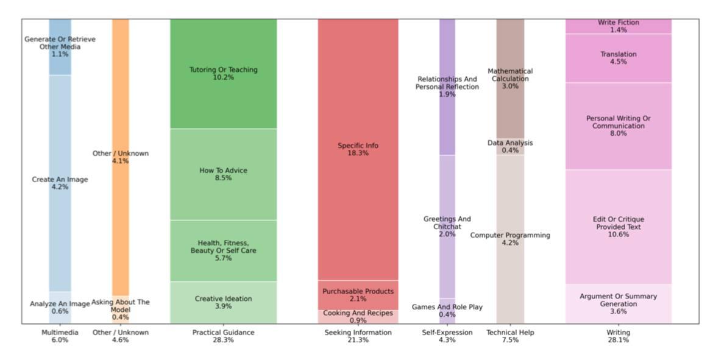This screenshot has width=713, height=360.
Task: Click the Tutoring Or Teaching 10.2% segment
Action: [x=223, y=73]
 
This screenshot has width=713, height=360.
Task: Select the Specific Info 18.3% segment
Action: [x=358, y=149]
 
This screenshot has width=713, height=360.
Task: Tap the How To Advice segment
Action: [x=223, y=174]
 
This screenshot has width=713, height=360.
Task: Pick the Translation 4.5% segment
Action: [x=618, y=58]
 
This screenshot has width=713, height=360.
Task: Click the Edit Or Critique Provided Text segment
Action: [x=618, y=227]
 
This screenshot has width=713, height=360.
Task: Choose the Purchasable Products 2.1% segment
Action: [x=358, y=295]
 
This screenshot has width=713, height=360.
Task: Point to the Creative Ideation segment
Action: [x=223, y=302]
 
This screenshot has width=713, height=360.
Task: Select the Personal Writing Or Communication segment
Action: [x=618, y=125]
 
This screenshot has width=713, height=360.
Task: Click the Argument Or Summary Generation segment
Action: [x=618, y=303]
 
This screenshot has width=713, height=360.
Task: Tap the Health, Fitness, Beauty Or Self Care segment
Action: [x=223, y=250]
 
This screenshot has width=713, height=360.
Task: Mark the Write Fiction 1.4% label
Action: [x=618, y=26]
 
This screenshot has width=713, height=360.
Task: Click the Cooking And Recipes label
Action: [x=358, y=317]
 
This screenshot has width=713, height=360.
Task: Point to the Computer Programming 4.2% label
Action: [x=510, y=239]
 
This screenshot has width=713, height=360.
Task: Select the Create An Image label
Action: [x=60, y=183]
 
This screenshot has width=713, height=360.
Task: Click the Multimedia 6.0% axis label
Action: [x=60, y=336]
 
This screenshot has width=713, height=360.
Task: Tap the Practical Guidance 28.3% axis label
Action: [x=223, y=336]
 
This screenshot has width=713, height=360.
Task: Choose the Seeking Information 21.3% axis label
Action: [x=358, y=336]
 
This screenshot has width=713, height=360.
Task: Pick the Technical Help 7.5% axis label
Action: [x=510, y=336]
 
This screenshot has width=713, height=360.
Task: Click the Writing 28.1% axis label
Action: [x=618, y=336]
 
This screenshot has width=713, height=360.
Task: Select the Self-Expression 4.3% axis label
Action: [x=447, y=336]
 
